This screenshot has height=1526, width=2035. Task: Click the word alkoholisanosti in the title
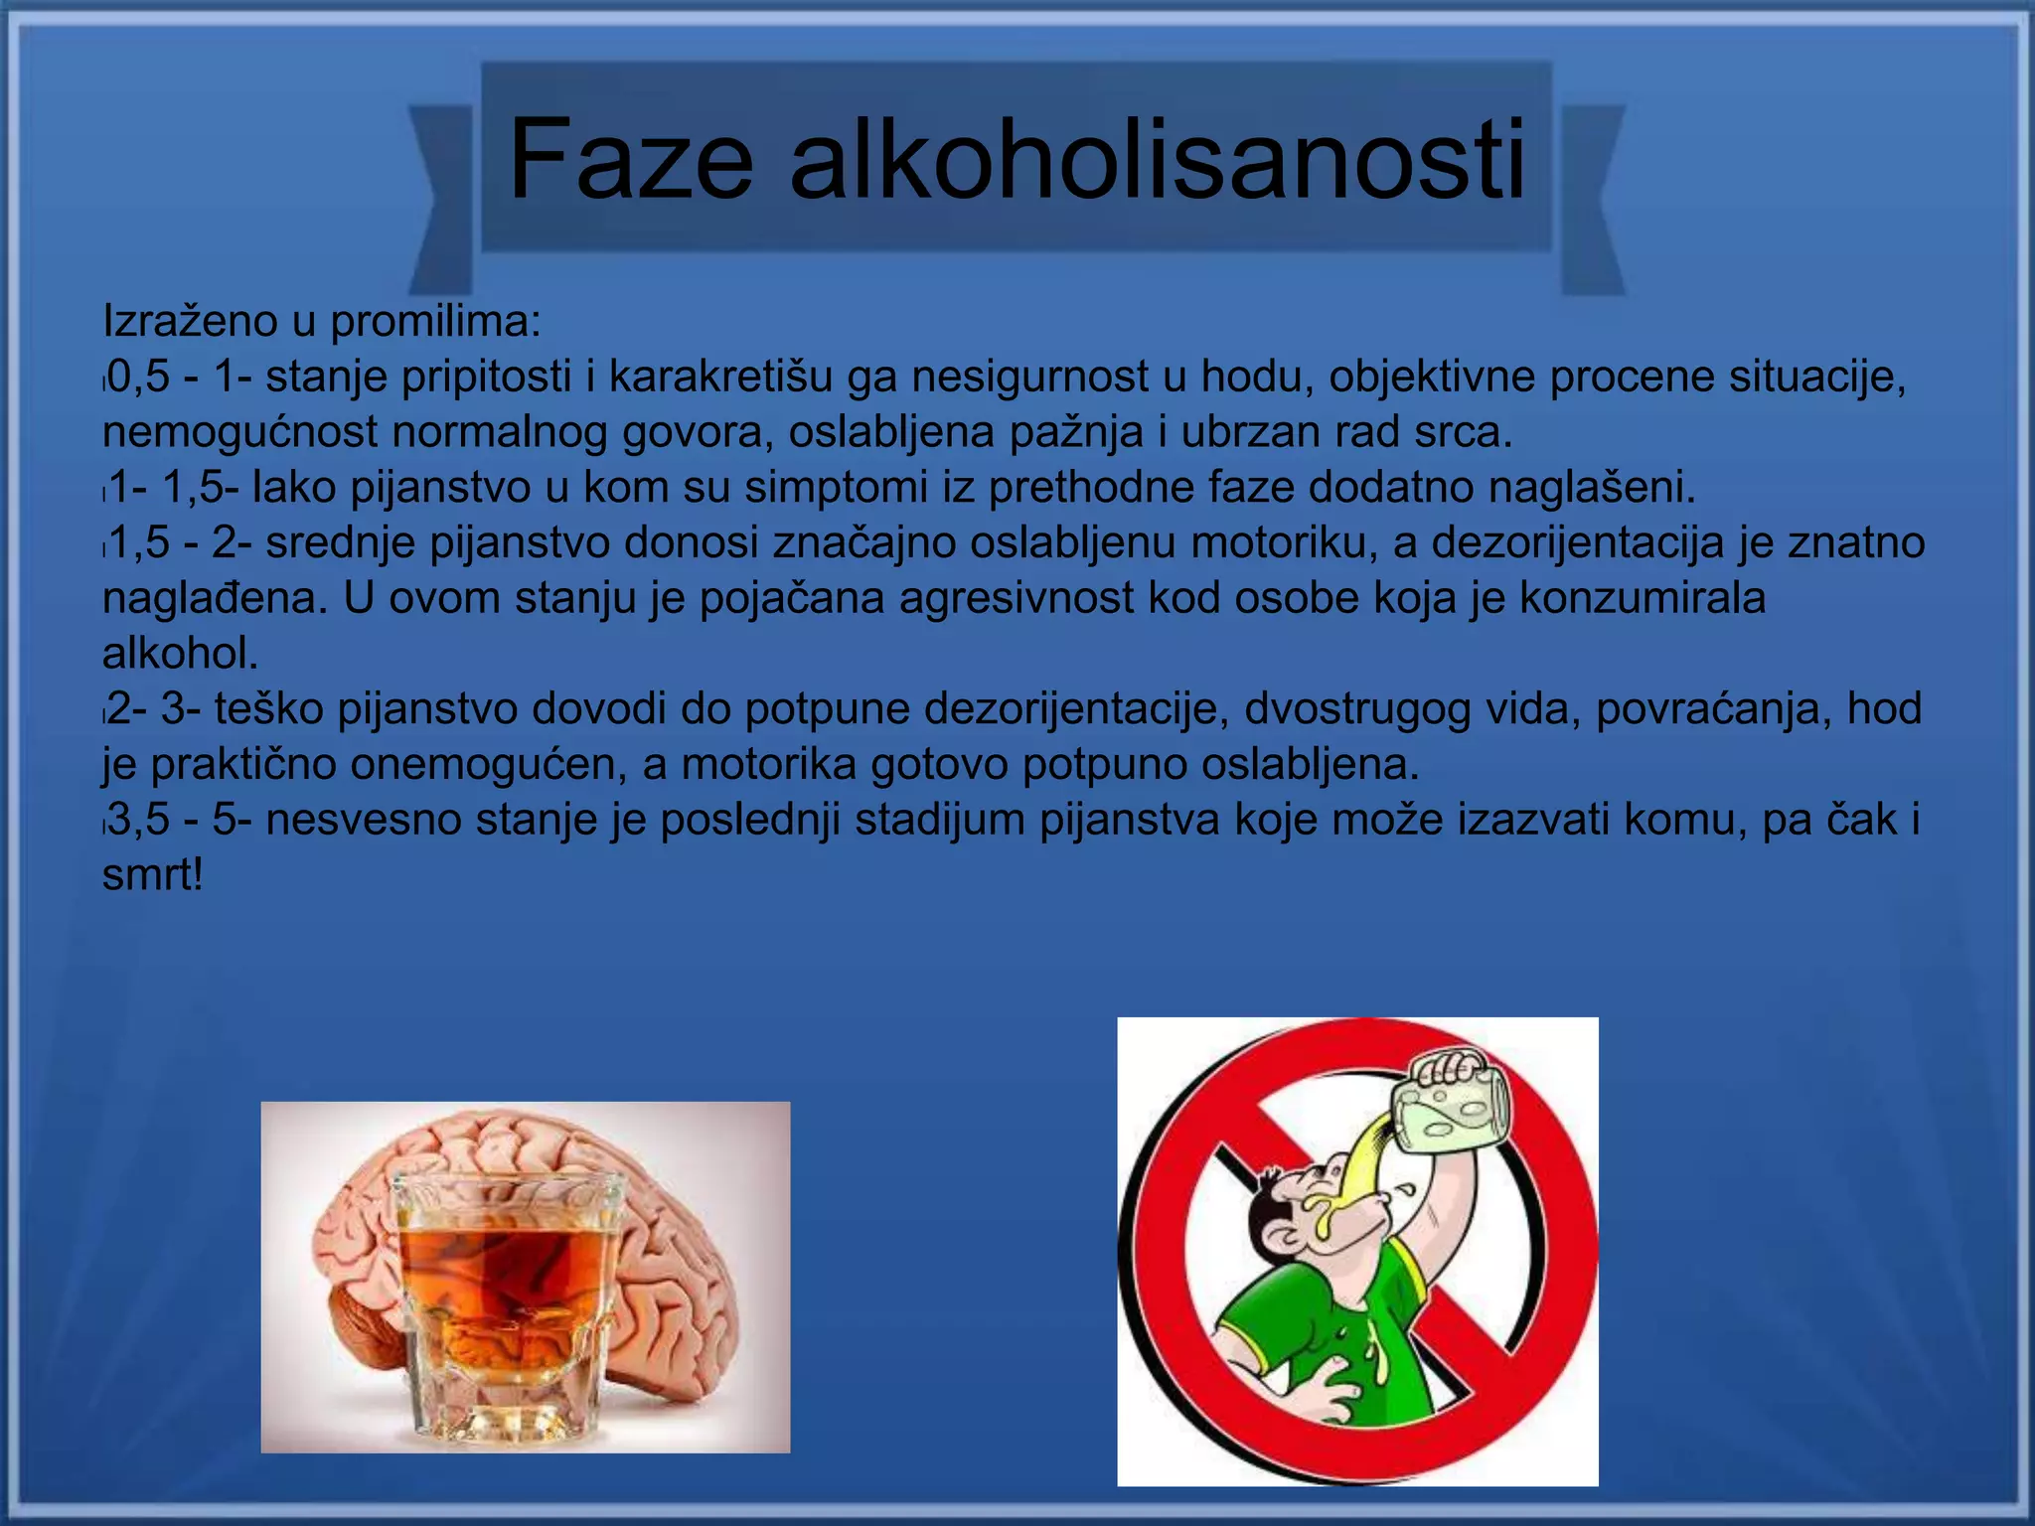click(1157, 159)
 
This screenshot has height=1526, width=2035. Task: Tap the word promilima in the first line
click(436, 322)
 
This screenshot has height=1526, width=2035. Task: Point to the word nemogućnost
click(238, 433)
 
